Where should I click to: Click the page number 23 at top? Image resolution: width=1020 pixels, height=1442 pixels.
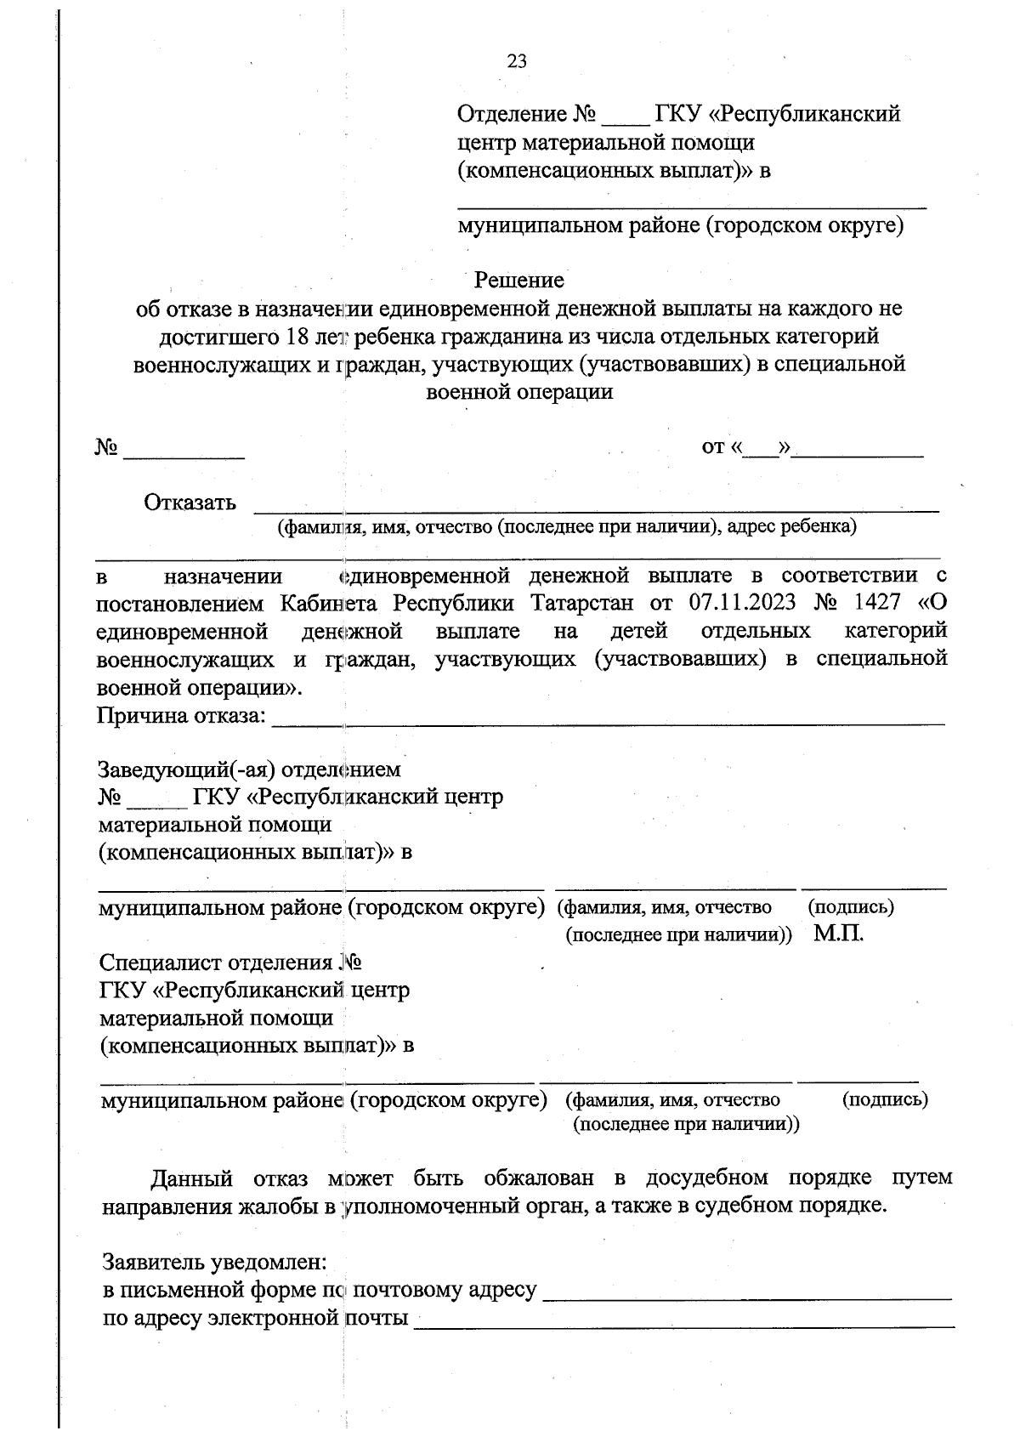click(x=517, y=61)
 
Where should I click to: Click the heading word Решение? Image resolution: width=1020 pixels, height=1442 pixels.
click(x=518, y=280)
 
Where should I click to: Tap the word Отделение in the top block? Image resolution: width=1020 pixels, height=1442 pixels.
click(x=512, y=114)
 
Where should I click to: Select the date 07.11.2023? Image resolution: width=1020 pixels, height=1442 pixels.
click(x=743, y=603)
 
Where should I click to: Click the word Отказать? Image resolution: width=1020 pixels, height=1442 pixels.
click(x=190, y=502)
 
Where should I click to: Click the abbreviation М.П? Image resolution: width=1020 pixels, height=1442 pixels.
click(x=838, y=934)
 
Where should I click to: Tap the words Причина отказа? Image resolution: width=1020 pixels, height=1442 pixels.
click(x=182, y=716)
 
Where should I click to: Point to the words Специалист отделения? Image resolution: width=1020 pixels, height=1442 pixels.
click(x=216, y=962)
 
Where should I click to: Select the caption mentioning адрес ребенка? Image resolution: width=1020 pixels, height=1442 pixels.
click(x=567, y=526)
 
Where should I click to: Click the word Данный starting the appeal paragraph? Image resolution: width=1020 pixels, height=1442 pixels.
click(x=191, y=1178)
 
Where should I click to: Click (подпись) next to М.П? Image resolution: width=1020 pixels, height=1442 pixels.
click(x=850, y=907)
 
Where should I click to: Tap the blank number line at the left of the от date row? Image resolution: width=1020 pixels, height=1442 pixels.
click(x=184, y=457)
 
